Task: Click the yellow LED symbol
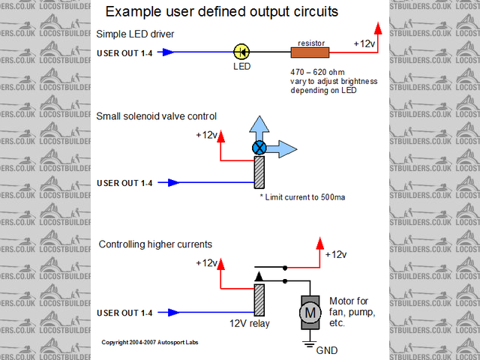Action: pyautogui.click(x=241, y=52)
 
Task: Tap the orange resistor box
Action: pyautogui.click(x=310, y=52)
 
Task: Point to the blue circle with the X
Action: pyautogui.click(x=259, y=147)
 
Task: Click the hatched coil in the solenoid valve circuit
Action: pyautogui.click(x=259, y=172)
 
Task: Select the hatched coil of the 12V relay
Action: pyautogui.click(x=259, y=299)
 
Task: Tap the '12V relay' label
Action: pyautogui.click(x=250, y=324)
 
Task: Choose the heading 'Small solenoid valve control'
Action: pyautogui.click(x=157, y=116)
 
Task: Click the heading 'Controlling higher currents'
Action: pyautogui.click(x=155, y=244)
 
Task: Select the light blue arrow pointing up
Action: pyautogui.click(x=259, y=127)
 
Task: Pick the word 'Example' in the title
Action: pyautogui.click(x=133, y=12)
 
